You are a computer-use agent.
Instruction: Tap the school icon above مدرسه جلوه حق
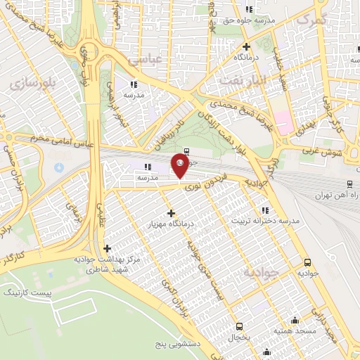coord(248,9)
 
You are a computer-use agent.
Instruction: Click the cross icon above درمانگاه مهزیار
coord(171,212)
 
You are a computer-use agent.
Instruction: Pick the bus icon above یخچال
coord(240,326)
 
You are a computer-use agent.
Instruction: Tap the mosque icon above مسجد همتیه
coord(294,320)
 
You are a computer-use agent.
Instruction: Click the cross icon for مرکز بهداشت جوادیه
coord(107,247)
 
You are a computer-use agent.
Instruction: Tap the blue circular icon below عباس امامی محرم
coord(58,168)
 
